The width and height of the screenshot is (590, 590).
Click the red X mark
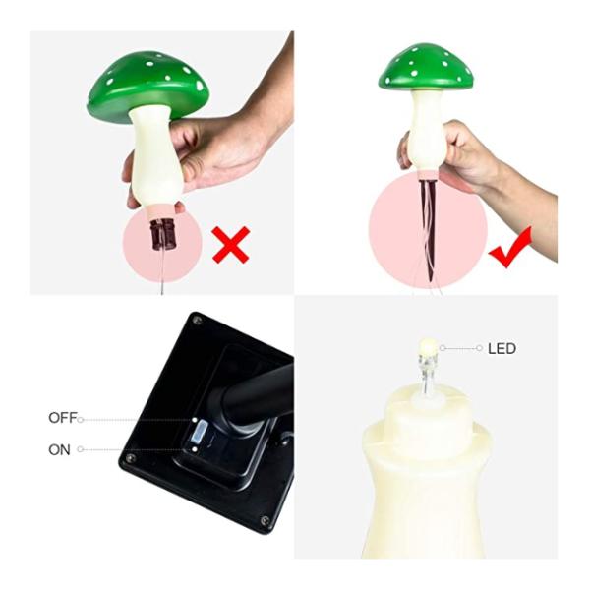230,244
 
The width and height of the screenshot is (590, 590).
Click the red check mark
510,247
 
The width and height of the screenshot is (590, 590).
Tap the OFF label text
62,418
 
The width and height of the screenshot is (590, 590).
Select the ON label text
59,449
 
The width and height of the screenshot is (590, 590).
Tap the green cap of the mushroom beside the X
147,84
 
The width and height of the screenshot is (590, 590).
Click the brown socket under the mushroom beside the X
160,234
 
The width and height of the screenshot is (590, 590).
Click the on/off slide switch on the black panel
197,432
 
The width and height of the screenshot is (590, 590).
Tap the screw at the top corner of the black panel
198,320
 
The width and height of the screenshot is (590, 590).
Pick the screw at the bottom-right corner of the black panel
264,520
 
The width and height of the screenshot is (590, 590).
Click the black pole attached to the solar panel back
259,394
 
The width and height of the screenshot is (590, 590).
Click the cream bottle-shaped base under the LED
429,482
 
